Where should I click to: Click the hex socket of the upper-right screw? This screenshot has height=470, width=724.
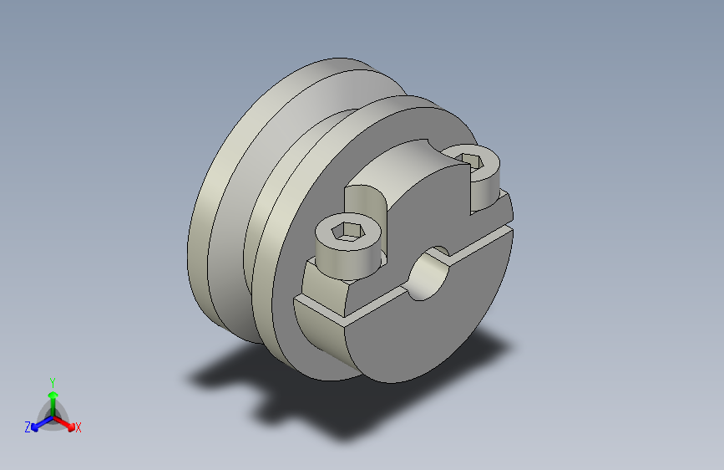(471, 161)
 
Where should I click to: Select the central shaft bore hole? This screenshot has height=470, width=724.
(428, 273)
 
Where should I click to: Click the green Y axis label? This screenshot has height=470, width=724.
(52, 383)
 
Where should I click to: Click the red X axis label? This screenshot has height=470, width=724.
(78, 427)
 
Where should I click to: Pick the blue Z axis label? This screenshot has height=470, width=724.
(28, 427)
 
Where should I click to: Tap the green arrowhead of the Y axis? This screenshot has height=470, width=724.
(53, 395)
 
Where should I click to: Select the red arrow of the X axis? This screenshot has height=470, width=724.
(63, 423)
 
